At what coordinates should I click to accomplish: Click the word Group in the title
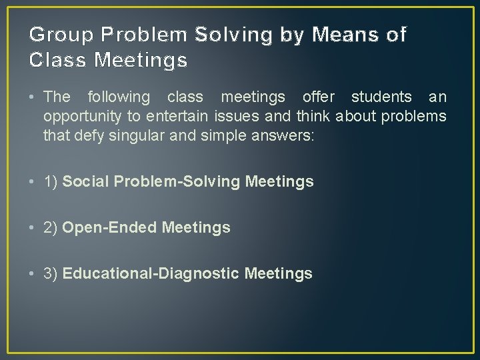coord(55,35)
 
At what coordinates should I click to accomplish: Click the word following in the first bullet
coord(119,97)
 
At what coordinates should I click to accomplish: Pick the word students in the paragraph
coord(381,97)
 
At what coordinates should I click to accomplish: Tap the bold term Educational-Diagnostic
coord(151,273)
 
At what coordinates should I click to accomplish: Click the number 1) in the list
coord(51,181)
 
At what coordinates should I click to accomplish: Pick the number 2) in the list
coord(51,227)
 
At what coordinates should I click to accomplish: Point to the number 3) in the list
coord(51,273)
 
